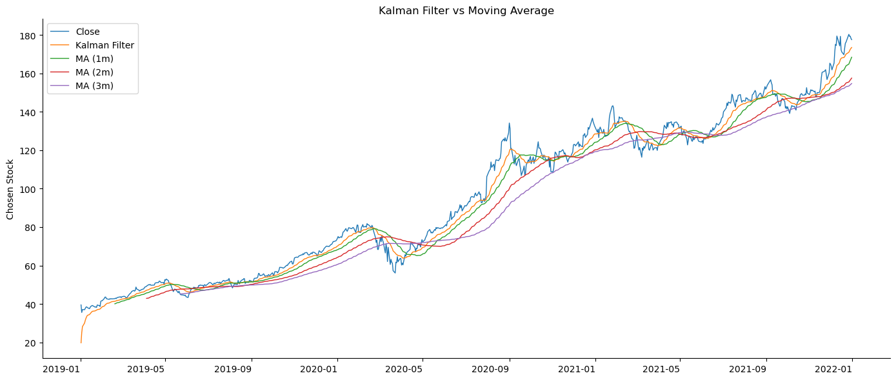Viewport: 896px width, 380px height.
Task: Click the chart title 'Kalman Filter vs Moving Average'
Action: tap(466, 10)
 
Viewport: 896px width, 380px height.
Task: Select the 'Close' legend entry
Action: tap(87, 32)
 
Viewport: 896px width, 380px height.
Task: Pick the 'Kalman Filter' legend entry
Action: tap(105, 45)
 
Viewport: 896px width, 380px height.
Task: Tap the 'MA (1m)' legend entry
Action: tap(94, 59)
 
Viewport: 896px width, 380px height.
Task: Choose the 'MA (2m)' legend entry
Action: tap(94, 72)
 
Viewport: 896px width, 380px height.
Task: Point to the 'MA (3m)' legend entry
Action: tap(94, 86)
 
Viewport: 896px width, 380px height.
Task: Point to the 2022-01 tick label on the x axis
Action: tap(851, 369)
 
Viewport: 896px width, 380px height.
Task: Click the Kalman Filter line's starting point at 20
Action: tap(81, 342)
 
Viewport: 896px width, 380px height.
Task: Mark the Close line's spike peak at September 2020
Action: tap(509, 123)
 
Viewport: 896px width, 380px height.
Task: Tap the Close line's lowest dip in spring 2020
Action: tap(395, 273)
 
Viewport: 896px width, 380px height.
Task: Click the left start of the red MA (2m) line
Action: tap(146, 298)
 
